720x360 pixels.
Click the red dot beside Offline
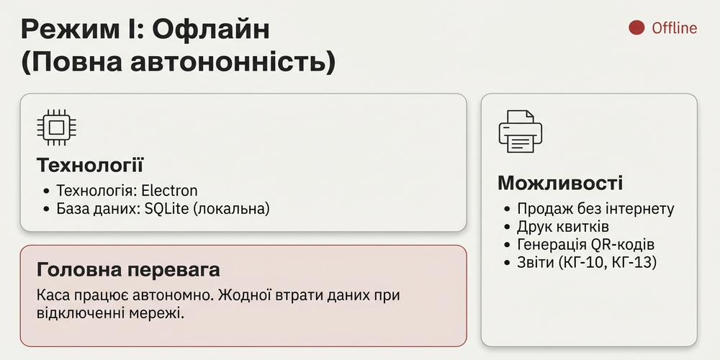(636, 28)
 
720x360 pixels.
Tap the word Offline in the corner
(674, 28)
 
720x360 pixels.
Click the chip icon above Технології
(57, 128)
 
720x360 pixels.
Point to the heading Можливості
(560, 183)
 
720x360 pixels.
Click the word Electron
(169, 191)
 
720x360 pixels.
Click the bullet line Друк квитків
(564, 227)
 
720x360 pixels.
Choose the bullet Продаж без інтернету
(595, 209)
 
